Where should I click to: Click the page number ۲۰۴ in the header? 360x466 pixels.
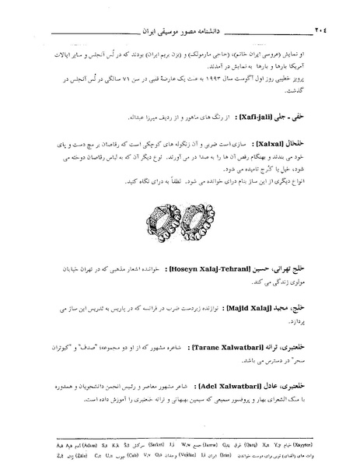point(318,31)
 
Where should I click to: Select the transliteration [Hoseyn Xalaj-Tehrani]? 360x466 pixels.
point(207,269)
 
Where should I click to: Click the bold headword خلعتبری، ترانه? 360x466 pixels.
point(292,344)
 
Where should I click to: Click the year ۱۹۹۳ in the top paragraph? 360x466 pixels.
point(190,82)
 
